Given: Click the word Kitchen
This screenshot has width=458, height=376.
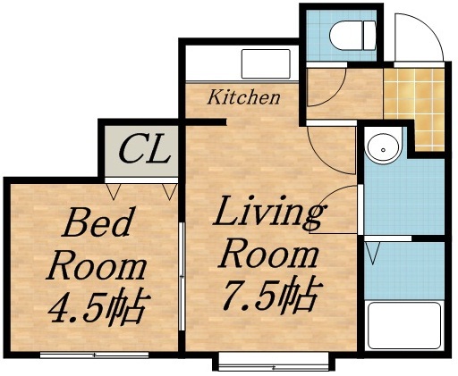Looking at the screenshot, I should click(x=244, y=96).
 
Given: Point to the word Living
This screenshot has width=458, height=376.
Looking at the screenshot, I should click(x=269, y=215).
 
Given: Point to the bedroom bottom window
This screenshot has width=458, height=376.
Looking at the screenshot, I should click(x=81, y=355).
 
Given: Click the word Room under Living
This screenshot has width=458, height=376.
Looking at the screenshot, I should click(x=269, y=255).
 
